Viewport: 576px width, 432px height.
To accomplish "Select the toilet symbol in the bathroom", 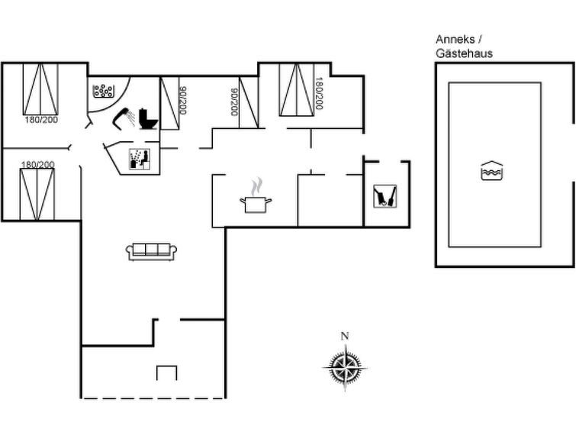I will tap(149, 119).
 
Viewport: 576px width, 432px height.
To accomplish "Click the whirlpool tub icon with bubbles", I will tap(102, 92).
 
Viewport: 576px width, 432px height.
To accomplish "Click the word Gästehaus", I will tap(464, 53).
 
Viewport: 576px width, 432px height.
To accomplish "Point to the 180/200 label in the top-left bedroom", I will tap(40, 120).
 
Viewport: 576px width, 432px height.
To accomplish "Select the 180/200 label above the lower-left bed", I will tap(37, 164).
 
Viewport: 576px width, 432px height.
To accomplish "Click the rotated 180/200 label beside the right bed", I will tap(320, 93).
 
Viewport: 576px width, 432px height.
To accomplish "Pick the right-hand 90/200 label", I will tap(233, 102).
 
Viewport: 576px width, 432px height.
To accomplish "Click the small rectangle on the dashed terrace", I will tap(166, 372).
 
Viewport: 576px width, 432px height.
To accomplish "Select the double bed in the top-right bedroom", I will tap(297, 89).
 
